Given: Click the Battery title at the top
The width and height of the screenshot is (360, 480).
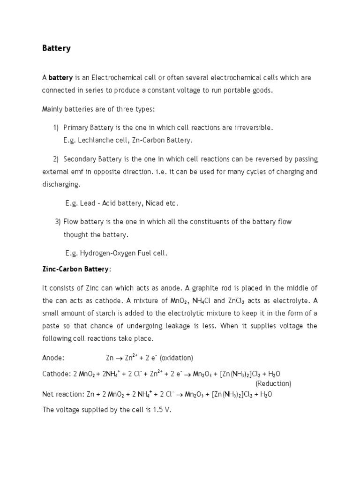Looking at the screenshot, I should point(56,48).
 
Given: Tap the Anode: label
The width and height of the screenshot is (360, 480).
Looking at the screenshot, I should point(53,358).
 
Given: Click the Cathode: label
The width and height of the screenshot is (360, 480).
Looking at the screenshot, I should point(56,374).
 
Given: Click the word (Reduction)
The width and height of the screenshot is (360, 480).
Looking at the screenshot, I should point(273,383).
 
